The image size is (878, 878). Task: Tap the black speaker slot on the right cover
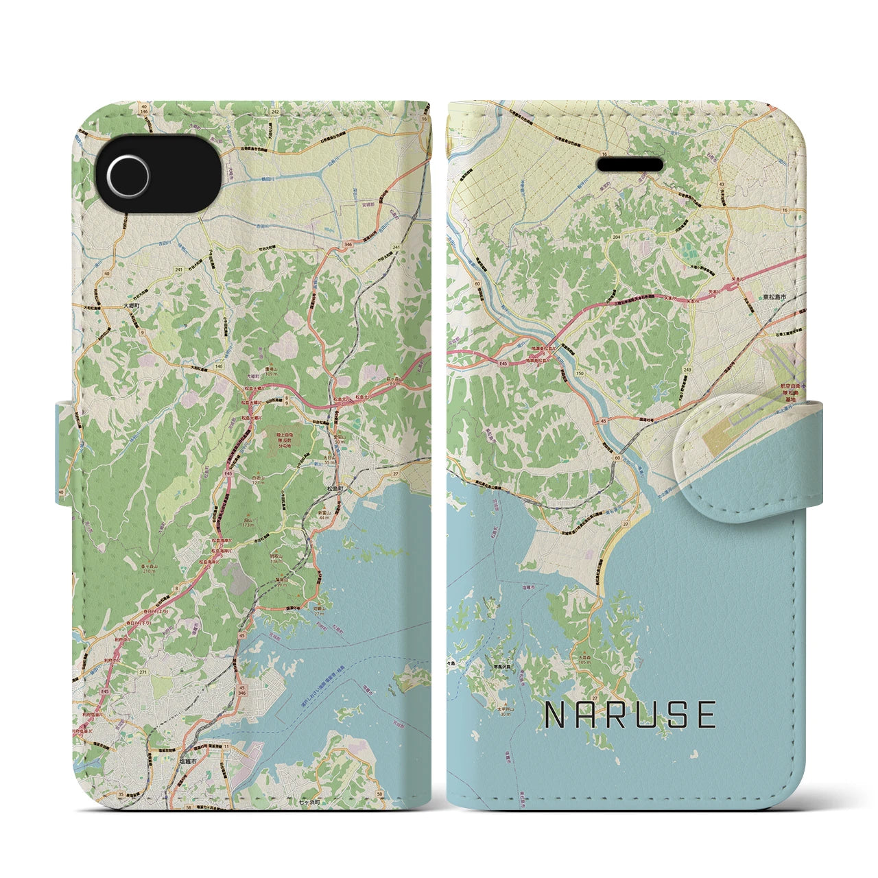click(x=630, y=165)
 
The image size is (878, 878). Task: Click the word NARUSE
click(x=630, y=715)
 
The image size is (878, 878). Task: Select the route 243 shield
click(x=687, y=370)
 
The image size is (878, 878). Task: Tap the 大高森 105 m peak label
click(x=602, y=661)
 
